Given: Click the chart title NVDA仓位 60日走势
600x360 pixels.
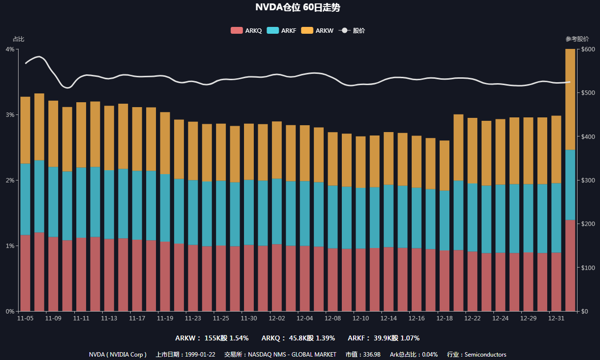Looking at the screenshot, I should click(298, 7).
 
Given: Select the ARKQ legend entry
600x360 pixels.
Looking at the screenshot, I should click(246, 30).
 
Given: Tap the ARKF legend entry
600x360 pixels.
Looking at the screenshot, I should click(282, 30).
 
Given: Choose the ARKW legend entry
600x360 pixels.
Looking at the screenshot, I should click(317, 30).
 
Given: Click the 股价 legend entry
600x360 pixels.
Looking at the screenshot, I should click(352, 30).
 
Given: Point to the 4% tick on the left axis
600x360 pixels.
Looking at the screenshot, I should click(9, 49).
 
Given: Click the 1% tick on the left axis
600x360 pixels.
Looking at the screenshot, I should click(9, 246).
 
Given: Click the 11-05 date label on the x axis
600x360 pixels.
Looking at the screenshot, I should click(25, 318).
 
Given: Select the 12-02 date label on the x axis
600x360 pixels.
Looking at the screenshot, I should click(277, 318).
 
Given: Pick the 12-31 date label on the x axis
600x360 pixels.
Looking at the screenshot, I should click(556, 318).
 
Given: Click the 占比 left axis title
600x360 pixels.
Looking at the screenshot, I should click(18, 39).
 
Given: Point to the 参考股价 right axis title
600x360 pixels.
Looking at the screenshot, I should click(577, 39).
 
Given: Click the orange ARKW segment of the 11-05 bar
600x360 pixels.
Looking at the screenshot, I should click(25, 130).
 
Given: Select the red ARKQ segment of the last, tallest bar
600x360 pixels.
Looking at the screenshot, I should click(570, 265).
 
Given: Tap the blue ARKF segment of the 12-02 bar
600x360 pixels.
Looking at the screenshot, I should click(277, 211).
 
